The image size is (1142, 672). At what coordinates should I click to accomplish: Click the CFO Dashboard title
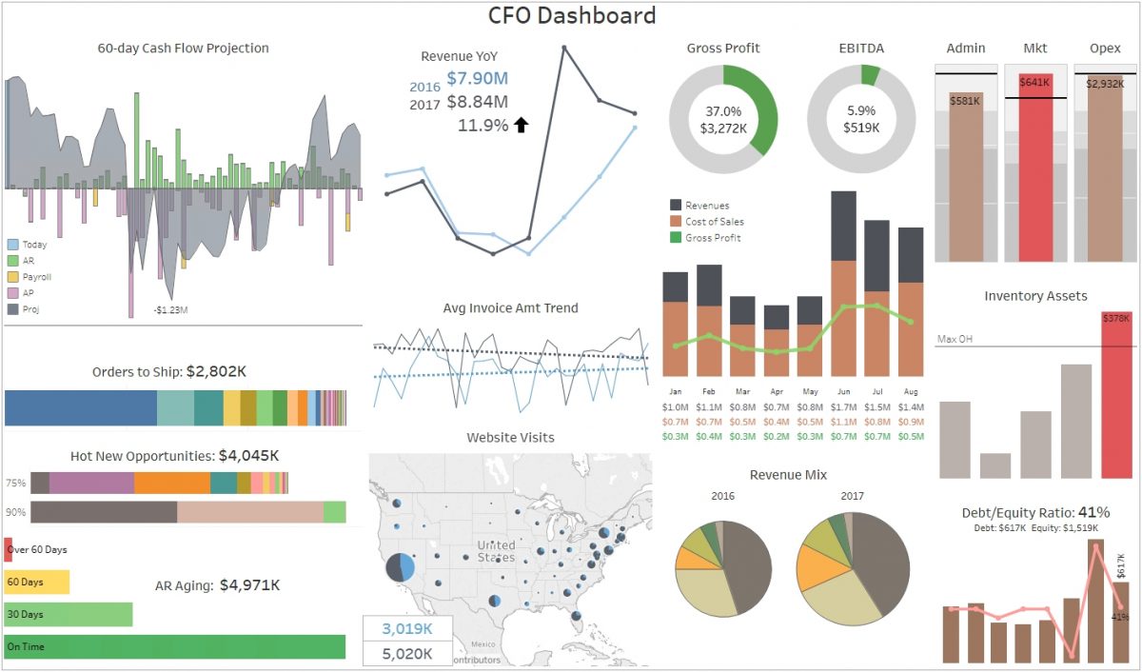click(572, 15)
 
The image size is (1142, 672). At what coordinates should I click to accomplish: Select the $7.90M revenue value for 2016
click(477, 79)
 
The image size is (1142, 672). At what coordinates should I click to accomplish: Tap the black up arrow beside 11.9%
click(521, 125)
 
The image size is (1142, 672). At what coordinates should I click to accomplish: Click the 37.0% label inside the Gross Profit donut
click(723, 110)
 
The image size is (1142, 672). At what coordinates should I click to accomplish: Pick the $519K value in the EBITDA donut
click(861, 127)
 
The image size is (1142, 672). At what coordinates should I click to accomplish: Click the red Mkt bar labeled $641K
click(1035, 171)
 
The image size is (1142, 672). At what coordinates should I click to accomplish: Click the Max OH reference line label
click(955, 339)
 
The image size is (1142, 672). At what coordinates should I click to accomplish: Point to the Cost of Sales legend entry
click(714, 222)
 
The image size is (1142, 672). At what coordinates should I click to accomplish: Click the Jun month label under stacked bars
click(842, 391)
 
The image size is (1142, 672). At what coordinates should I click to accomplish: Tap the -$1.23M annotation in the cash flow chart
click(171, 309)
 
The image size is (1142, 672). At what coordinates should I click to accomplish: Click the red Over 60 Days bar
click(9, 549)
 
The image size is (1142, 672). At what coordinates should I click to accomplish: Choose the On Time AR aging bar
click(174, 646)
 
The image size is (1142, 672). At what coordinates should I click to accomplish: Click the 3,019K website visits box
click(407, 629)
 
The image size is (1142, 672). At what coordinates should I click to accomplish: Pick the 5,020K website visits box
click(407, 653)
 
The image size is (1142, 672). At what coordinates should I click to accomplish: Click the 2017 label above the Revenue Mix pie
click(851, 496)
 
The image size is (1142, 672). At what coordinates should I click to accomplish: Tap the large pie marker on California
click(401, 568)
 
